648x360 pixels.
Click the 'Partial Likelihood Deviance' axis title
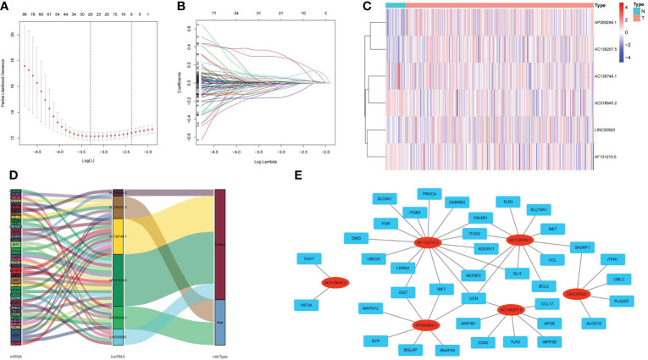pyautogui.click(x=4, y=85)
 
